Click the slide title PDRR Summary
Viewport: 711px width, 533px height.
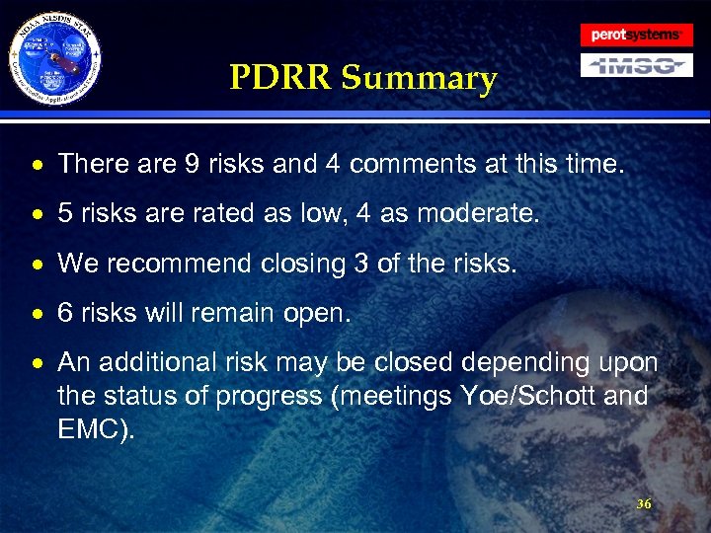(362, 78)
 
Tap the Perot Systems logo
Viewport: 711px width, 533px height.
(636, 35)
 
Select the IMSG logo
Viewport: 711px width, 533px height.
(636, 66)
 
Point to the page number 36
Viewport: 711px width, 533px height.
(644, 504)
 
